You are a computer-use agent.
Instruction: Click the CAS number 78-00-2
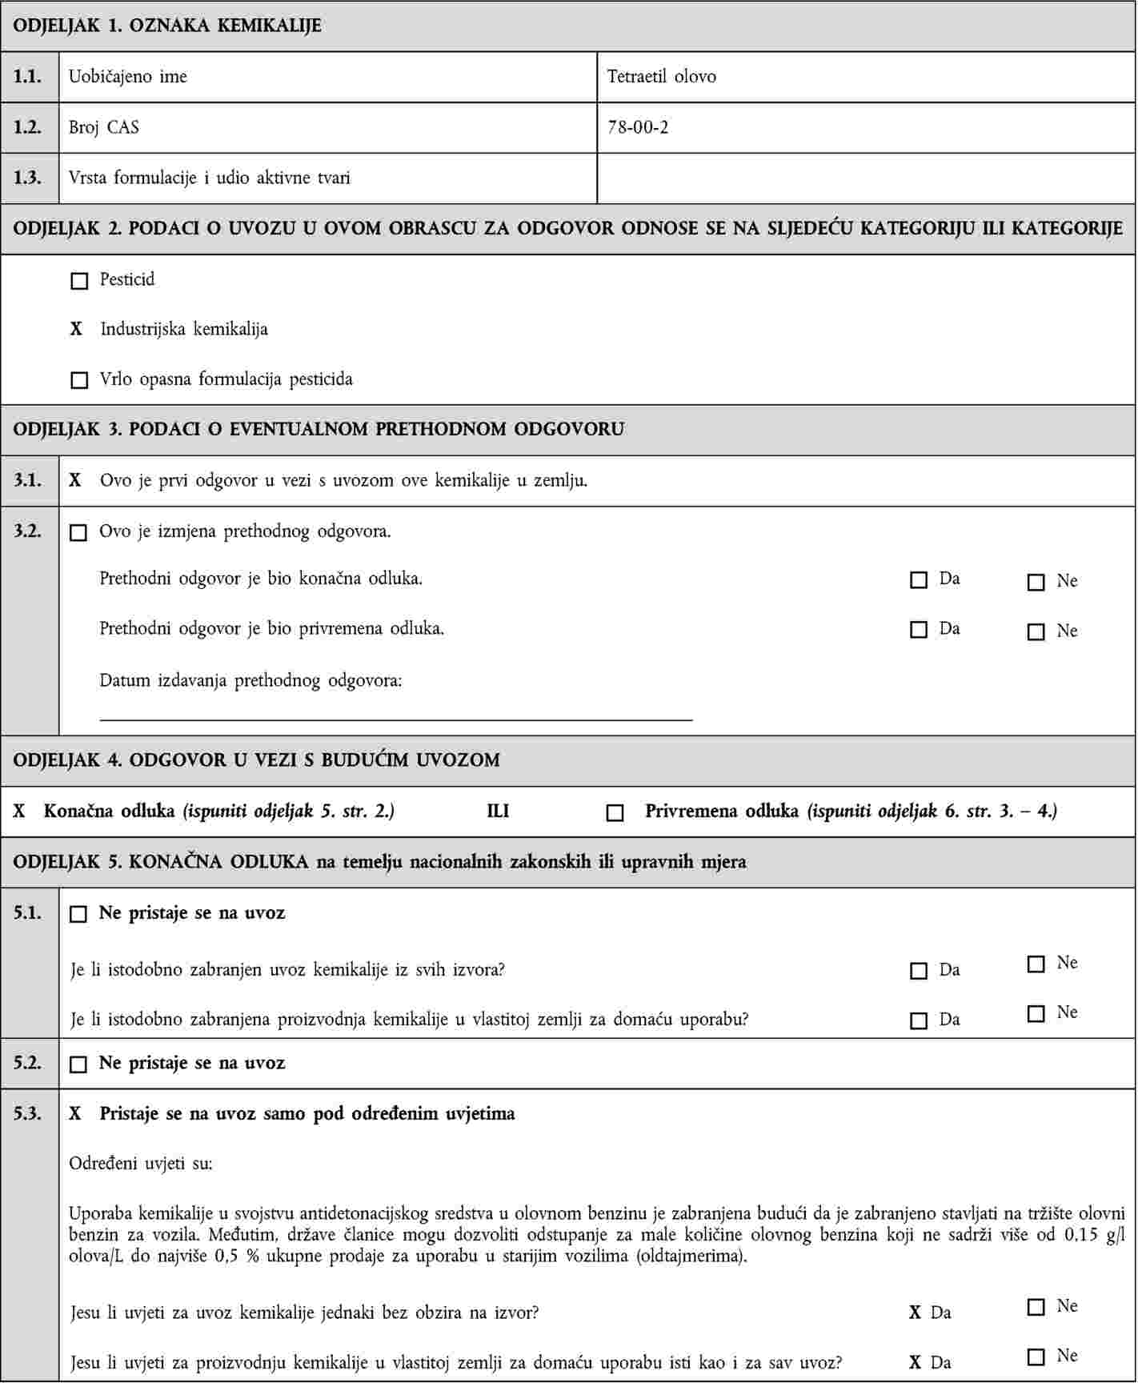point(638,126)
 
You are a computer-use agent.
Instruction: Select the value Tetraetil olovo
point(661,77)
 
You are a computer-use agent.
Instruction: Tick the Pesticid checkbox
point(79,281)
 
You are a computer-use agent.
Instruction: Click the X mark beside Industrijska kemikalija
point(77,329)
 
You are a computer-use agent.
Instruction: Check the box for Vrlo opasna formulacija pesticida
point(79,380)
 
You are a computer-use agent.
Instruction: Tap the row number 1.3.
point(29,178)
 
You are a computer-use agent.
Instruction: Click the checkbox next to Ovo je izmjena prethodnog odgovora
point(78,533)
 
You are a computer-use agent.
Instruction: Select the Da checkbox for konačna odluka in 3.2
point(919,580)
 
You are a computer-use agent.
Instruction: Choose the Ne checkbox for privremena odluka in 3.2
point(1036,632)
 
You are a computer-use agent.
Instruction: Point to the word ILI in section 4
point(498,812)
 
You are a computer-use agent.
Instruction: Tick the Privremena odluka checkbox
point(615,813)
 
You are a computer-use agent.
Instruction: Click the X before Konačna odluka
point(20,812)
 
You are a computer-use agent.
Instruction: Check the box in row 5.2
point(78,1064)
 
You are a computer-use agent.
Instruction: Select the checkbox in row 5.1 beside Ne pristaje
point(78,914)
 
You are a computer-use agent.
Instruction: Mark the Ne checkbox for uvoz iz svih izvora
point(1036,964)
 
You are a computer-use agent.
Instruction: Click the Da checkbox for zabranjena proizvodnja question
point(919,1021)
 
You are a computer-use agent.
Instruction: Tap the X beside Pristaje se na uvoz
point(76,1113)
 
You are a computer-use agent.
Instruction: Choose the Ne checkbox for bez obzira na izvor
point(1036,1307)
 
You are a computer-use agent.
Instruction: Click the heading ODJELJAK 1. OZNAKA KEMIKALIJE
point(167,26)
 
